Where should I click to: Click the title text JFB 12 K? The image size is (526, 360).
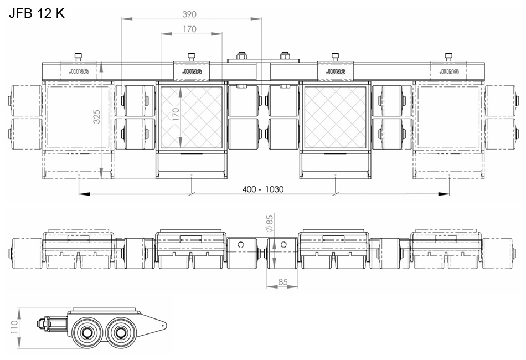37,13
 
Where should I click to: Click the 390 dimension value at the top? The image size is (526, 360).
189,14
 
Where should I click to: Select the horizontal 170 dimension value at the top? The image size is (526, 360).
189,29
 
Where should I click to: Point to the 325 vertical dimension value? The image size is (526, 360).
96,116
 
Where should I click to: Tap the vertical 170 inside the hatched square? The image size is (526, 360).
176,115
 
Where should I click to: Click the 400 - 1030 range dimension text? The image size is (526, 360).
263,189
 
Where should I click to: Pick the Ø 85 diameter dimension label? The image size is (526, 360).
269,223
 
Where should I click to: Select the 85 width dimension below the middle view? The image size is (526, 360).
282,282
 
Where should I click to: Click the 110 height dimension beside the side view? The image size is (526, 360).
14,327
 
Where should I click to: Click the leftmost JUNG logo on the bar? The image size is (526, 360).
79,72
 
